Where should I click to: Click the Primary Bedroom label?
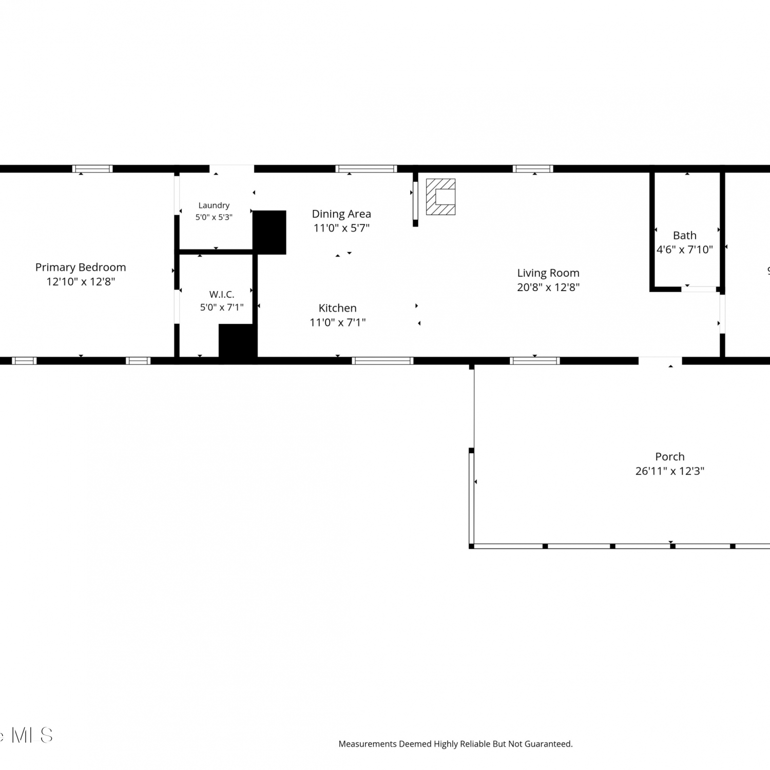pos(81,267)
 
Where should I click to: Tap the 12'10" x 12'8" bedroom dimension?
pos(81,281)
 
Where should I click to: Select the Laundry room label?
pos(214,206)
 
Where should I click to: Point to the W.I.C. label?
pos(222,294)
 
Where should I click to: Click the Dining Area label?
pos(341,214)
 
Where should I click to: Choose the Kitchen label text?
pos(337,308)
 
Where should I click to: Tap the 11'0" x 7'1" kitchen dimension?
pos(337,322)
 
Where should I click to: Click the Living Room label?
pos(548,273)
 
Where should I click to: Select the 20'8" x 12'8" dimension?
pos(548,287)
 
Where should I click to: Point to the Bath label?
pos(685,236)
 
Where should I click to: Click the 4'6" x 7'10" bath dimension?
pos(685,249)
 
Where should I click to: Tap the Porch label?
pos(670,457)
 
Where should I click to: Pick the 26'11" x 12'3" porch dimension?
pos(670,471)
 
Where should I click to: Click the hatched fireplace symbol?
pos(440,197)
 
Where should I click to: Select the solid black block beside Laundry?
pos(269,232)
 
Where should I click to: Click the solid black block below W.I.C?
pos(238,341)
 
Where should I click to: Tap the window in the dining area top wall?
pos(366,168)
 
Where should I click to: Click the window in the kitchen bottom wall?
pos(382,361)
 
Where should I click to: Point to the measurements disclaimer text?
pos(455,744)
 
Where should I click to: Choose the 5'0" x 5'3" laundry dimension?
pos(214,217)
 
